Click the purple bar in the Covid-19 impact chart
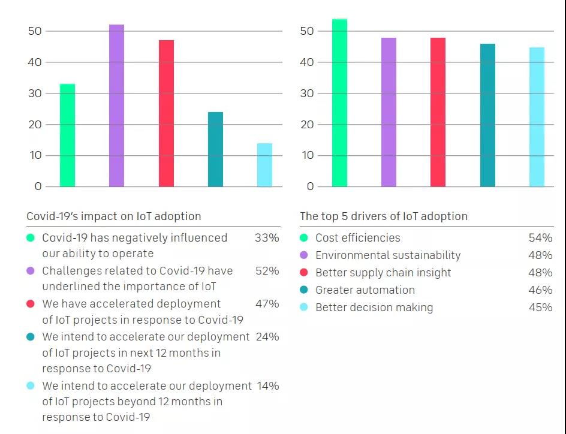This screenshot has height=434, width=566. (x=117, y=106)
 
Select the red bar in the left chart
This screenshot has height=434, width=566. (x=166, y=113)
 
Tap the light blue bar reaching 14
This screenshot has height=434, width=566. (x=264, y=165)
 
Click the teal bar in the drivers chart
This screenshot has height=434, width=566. (x=488, y=115)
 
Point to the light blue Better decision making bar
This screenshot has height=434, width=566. (x=537, y=117)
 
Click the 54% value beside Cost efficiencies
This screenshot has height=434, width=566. (x=540, y=238)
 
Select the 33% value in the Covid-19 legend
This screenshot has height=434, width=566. (x=267, y=238)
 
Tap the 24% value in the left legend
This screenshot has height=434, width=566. (x=267, y=337)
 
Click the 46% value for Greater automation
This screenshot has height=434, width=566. (x=540, y=290)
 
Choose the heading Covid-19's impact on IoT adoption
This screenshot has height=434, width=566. (x=114, y=216)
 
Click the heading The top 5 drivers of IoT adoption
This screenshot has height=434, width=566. (x=384, y=216)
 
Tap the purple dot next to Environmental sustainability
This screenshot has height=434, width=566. (x=305, y=255)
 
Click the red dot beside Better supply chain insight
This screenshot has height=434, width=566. (x=305, y=273)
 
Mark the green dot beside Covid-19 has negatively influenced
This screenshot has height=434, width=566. (x=31, y=238)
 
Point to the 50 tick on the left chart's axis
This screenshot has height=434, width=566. (x=35, y=31)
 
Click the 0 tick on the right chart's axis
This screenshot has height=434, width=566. (x=310, y=186)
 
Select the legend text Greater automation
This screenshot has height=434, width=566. (x=365, y=290)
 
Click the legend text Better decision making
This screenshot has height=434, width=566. (x=374, y=308)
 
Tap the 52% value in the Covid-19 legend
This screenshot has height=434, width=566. (x=267, y=271)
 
